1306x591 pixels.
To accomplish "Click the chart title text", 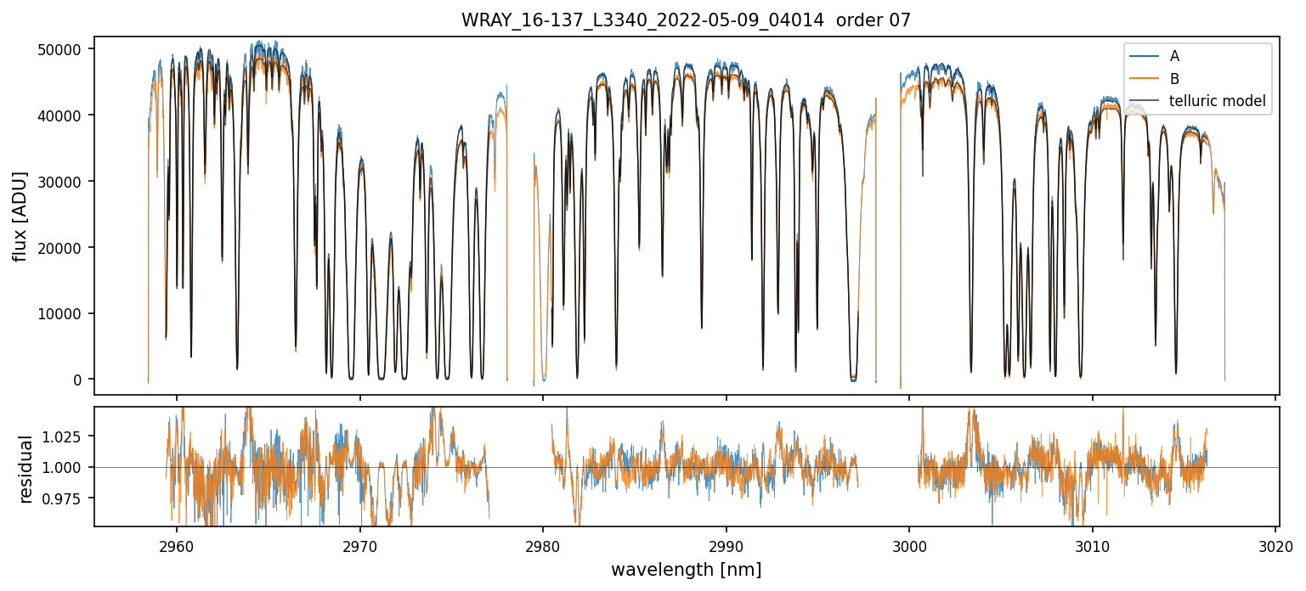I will click(x=686, y=20).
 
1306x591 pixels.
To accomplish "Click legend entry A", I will click(x=1174, y=56).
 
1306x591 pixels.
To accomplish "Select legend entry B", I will click(x=1174, y=79).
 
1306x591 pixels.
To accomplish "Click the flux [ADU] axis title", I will click(x=20, y=216).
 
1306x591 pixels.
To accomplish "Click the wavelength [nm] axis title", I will click(x=686, y=569).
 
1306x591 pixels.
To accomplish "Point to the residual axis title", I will click(x=25, y=468).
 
